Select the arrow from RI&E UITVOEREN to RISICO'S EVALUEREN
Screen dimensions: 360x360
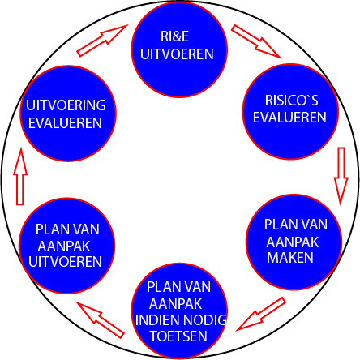tap(255, 41)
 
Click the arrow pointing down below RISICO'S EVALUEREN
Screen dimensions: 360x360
tap(341, 173)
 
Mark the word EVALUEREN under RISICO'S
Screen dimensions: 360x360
tap(290, 117)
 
